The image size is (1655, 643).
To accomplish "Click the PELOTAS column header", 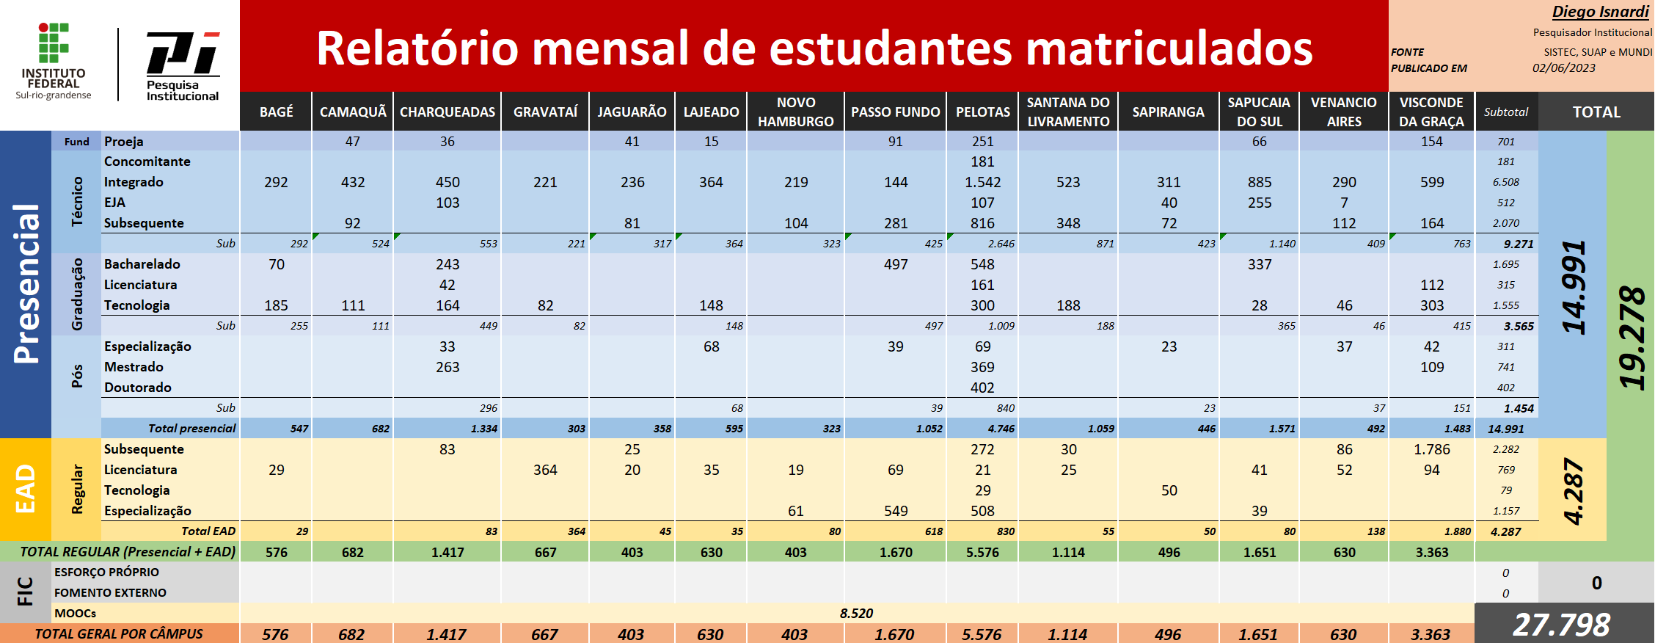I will [982, 112].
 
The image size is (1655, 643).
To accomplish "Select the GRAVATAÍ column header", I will [545, 112].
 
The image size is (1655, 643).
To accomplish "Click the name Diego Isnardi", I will [1600, 12].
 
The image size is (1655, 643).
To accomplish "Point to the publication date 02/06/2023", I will [1563, 68].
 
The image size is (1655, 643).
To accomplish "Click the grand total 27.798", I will [1561, 625].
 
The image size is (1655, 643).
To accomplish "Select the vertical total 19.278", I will [1632, 337].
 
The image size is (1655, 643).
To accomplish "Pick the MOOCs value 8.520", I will [856, 613].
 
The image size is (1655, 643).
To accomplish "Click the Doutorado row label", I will [138, 388].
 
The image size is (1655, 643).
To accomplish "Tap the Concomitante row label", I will [147, 161].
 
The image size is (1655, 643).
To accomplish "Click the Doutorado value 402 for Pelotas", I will [982, 388].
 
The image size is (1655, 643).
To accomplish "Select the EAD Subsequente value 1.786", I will [1431, 449].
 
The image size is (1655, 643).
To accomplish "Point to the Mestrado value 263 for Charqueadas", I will [447, 367].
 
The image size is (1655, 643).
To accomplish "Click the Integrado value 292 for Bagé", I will [276, 182].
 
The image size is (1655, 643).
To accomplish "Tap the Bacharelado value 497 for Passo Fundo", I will [895, 264].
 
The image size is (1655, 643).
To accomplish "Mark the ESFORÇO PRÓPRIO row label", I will [106, 573].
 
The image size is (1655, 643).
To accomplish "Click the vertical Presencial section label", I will [26, 283].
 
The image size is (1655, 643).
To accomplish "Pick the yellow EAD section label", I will [26, 489].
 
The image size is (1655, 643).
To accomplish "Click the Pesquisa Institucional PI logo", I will [183, 65].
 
